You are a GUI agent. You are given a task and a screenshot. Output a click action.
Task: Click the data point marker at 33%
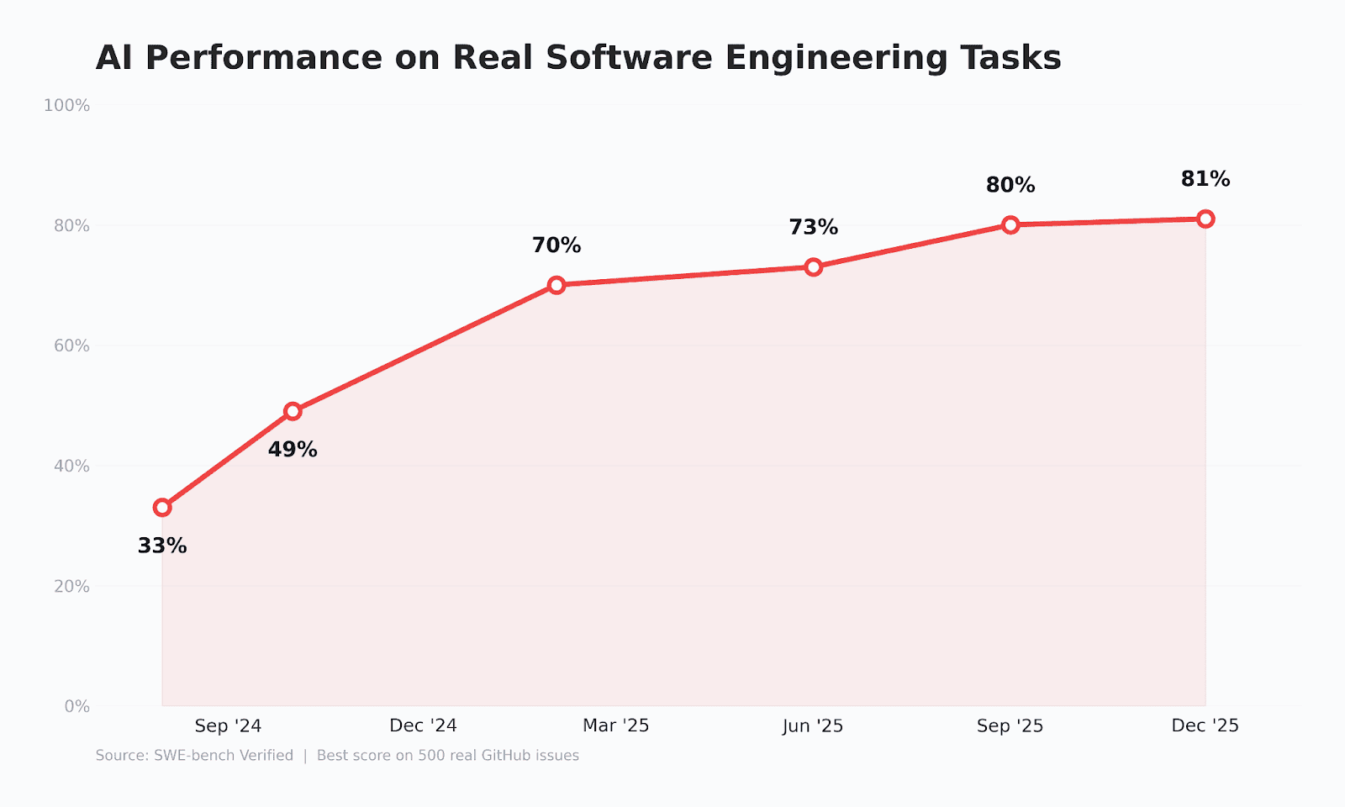coord(162,508)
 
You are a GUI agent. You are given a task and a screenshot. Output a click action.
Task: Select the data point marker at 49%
coord(293,411)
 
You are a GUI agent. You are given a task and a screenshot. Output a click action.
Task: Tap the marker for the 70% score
coord(556,285)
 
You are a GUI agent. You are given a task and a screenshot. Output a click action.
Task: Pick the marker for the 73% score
coord(813,267)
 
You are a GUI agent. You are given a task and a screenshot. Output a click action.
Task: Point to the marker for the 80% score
coord(1010,225)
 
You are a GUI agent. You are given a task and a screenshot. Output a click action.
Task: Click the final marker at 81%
coord(1205,219)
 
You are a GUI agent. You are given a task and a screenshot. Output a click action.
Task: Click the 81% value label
coord(1205,179)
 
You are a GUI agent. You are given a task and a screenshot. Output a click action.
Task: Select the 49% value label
coord(293,449)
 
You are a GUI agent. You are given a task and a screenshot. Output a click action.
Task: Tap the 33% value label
coord(162,546)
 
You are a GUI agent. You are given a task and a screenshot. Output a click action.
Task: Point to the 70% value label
coord(556,245)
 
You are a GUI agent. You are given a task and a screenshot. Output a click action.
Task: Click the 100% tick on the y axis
coord(66,106)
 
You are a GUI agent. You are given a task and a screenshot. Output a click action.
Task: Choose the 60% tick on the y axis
coord(71,345)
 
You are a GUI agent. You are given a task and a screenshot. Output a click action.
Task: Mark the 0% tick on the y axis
coord(76,707)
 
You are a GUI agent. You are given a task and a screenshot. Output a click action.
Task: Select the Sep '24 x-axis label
coord(228,726)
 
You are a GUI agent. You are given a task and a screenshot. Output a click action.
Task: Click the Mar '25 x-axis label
coord(616,726)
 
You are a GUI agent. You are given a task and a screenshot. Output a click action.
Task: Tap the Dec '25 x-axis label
coord(1205,726)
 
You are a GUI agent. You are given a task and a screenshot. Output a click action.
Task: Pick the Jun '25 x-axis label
coord(813,726)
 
